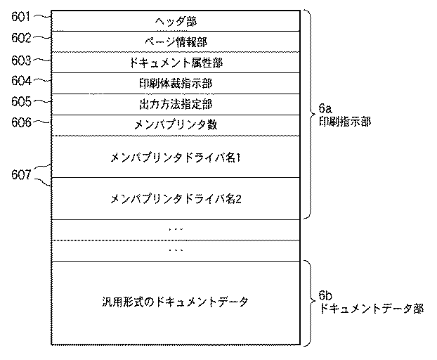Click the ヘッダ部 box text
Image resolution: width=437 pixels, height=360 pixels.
click(x=176, y=22)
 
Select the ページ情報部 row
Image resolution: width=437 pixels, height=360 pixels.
click(x=176, y=42)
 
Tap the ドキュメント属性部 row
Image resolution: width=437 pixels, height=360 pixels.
click(x=176, y=63)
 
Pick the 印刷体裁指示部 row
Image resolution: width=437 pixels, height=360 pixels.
click(x=176, y=84)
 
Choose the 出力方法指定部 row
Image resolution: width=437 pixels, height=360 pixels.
click(x=176, y=104)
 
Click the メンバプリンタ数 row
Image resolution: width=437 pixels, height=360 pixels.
click(x=176, y=124)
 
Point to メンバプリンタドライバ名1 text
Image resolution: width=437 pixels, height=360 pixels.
click(x=176, y=157)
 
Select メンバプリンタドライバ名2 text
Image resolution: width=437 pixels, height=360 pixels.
click(x=176, y=199)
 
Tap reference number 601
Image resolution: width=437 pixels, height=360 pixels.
click(x=21, y=13)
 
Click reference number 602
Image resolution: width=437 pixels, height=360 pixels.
click(x=21, y=37)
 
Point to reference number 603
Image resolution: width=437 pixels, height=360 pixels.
click(x=21, y=60)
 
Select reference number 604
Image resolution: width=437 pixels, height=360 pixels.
click(x=21, y=80)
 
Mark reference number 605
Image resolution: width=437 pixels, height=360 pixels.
click(x=21, y=101)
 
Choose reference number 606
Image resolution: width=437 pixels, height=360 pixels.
click(x=21, y=122)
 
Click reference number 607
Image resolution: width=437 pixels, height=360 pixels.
click(x=21, y=174)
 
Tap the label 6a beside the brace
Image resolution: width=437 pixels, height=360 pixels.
click(x=325, y=110)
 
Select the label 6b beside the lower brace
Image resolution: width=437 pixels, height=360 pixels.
click(x=325, y=295)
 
